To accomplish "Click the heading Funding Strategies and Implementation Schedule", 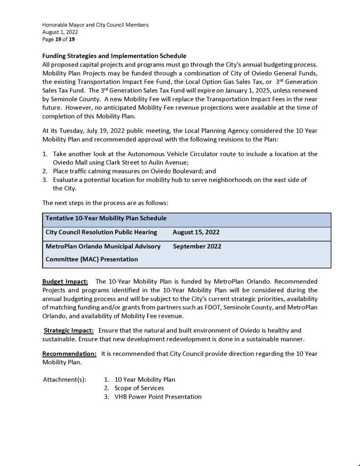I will click(x=114, y=56).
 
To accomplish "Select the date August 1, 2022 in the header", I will click(x=60, y=32).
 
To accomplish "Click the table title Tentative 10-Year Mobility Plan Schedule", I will click(x=106, y=218).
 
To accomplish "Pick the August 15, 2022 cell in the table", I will click(x=196, y=232).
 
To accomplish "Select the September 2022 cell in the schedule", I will click(x=197, y=246).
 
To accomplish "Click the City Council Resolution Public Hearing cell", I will click(x=101, y=232).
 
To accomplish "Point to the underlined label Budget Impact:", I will click(x=65, y=282).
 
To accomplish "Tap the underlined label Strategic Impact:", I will click(x=69, y=330).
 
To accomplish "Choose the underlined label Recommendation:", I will click(x=69, y=354).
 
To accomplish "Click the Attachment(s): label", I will click(x=64, y=380).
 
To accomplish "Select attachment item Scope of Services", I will click(x=139, y=388).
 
